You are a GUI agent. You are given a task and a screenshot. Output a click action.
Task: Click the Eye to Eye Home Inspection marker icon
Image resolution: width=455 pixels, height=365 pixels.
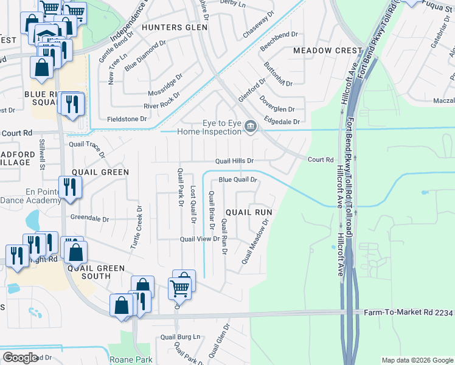pos(251,127)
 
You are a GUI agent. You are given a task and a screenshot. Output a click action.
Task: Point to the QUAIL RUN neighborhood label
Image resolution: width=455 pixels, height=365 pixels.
pos(248,212)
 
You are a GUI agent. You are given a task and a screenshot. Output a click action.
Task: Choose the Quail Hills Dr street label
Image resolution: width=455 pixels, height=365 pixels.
pos(234,161)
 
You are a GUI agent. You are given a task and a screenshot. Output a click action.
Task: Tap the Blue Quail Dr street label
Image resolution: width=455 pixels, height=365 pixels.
pos(238,180)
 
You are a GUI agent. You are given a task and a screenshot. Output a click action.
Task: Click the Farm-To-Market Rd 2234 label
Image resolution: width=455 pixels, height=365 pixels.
pos(408,313)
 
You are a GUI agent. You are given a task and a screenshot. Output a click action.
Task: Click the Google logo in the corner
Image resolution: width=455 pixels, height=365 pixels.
pos(21,358)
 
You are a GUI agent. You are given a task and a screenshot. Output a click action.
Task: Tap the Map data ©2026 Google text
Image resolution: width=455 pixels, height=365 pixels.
pos(417,360)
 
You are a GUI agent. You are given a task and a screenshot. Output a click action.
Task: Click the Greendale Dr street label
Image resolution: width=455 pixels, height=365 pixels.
pos(89,218)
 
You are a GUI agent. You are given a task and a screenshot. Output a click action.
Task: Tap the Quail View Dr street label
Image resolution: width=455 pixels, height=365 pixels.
pos(199,239)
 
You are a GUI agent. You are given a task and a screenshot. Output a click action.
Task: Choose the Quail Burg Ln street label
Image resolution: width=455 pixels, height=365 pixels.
pos(180,336)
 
